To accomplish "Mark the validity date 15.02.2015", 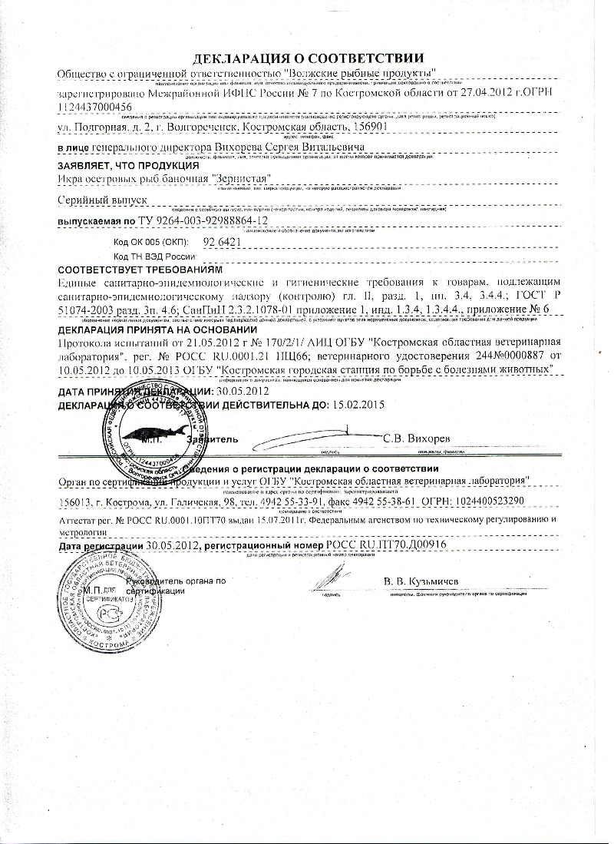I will [358, 403].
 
